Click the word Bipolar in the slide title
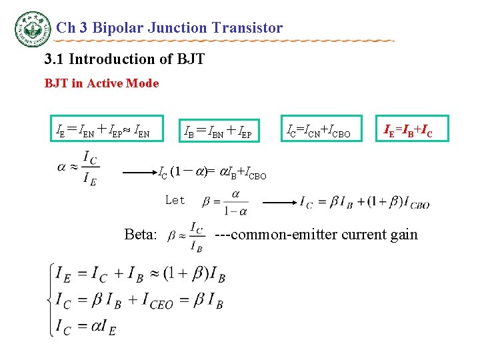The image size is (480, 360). [x=119, y=28]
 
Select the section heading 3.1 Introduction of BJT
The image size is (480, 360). [x=124, y=59]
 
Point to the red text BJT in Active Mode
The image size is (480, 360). [x=101, y=83]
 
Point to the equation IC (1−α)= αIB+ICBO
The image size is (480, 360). [x=212, y=173]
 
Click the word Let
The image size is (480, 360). [x=175, y=200]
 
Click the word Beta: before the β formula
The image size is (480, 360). [x=141, y=235]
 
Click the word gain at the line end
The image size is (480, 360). [x=403, y=235]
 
